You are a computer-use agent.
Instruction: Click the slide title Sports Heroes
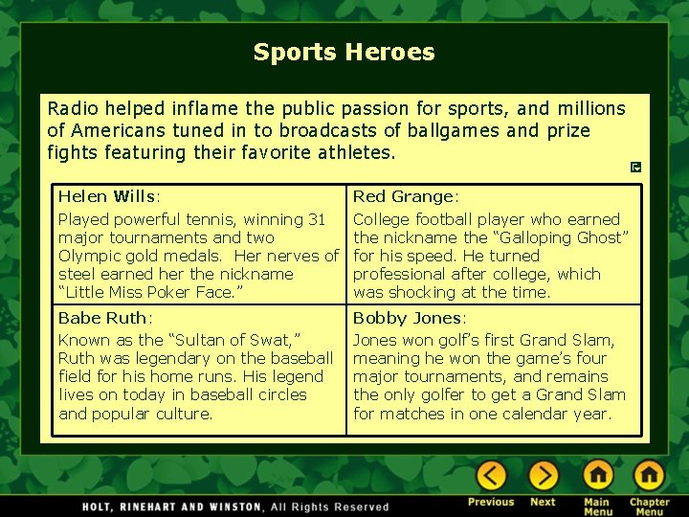point(344,52)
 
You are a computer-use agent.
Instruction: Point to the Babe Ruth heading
point(104,317)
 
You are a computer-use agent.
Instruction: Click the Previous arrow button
point(491,476)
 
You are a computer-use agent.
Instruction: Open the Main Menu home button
point(598,476)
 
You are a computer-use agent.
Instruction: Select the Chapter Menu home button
point(649,476)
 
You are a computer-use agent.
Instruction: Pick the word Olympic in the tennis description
point(91,256)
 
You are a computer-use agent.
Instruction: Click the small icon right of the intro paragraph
point(636,168)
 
